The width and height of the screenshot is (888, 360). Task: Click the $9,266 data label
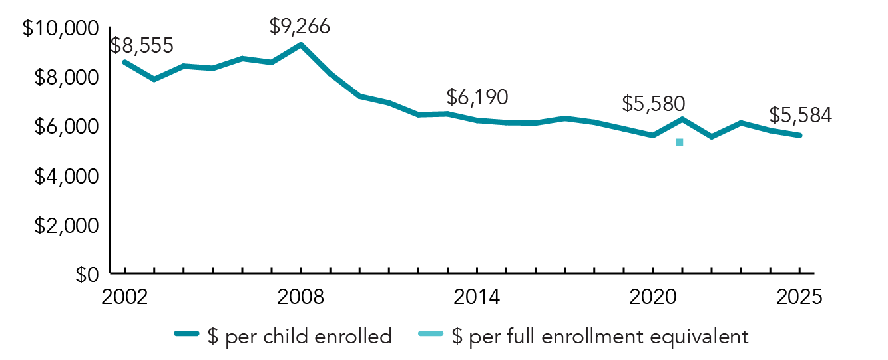point(300,27)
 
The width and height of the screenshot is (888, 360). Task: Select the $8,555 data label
point(142,45)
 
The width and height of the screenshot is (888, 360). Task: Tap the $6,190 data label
point(477,97)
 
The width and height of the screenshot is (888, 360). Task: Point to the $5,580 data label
point(654,104)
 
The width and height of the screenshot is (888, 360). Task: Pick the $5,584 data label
point(800,115)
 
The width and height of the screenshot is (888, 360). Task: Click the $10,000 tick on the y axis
point(61,29)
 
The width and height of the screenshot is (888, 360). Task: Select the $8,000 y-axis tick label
point(65,78)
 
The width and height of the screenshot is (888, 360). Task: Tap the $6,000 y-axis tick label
point(65,127)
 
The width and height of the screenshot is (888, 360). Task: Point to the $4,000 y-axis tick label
point(65,176)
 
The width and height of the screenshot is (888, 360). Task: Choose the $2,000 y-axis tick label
point(65,226)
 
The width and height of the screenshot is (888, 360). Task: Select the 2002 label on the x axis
point(124,297)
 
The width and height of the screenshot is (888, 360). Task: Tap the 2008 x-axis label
point(301,297)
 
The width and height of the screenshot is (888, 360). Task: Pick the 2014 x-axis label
point(477,297)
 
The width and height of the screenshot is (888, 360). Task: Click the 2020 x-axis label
point(653,297)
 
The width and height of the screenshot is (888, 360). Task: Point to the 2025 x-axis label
point(799,297)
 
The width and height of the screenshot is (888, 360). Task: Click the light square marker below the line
point(680,142)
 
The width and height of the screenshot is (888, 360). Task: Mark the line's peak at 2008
point(301,45)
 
